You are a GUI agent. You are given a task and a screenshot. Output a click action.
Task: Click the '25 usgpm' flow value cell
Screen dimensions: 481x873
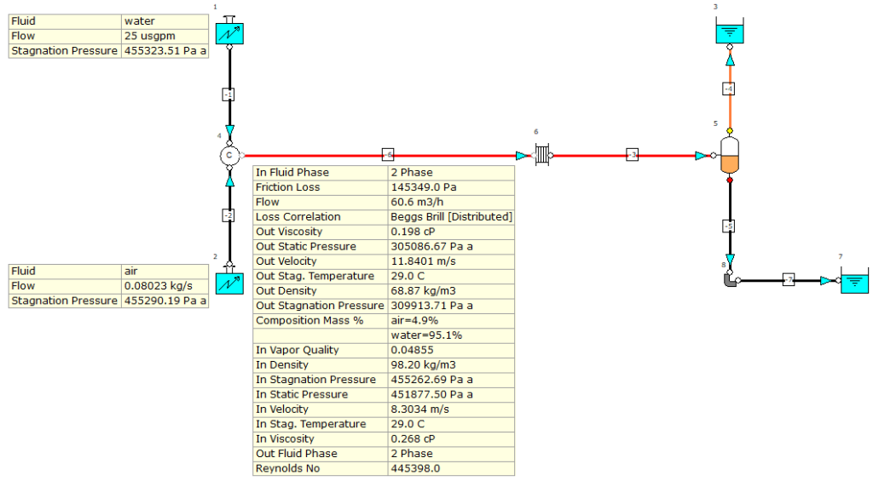[164, 37]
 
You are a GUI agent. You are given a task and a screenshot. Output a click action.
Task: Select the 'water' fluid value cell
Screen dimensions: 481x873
[164, 21]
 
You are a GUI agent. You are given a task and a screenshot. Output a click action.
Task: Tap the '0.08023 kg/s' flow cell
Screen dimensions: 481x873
[164, 286]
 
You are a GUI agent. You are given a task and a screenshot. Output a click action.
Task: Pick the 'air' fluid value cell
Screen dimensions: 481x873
[164, 271]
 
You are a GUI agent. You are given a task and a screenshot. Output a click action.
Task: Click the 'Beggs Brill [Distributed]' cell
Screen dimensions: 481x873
[451, 217]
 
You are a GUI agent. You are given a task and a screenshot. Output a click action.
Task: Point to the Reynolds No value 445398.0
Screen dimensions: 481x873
[451, 468]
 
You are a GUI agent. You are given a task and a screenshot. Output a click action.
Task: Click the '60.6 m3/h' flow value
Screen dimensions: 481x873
[451, 203]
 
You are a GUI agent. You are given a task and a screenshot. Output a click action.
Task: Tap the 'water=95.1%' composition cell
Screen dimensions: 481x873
[451, 335]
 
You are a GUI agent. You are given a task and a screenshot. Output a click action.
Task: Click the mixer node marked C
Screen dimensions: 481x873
[228, 155]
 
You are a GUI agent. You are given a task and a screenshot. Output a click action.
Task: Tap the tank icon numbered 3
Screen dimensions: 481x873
[729, 32]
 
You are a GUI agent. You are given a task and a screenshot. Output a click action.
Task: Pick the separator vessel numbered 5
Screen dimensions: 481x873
[729, 156]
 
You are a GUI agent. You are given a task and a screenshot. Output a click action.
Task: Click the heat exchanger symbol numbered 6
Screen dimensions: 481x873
[541, 156]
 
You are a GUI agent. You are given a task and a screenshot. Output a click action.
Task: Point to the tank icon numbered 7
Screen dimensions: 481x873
[854, 281]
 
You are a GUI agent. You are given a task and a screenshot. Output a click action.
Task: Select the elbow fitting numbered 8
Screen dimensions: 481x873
[729, 279]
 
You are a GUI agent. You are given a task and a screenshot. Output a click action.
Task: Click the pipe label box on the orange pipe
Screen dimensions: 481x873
[729, 89]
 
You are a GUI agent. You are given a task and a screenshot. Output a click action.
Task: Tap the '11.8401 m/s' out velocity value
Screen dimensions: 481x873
[451, 261]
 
